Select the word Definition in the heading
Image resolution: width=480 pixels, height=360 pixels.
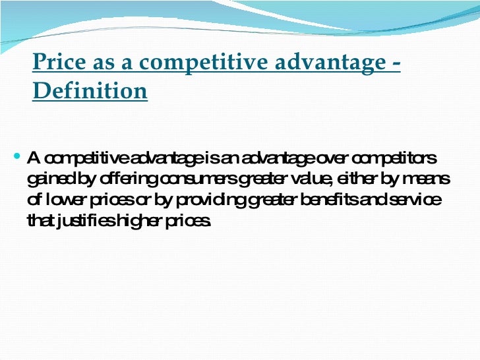[90, 91]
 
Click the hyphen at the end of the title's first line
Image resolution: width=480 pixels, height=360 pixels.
[396, 63]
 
